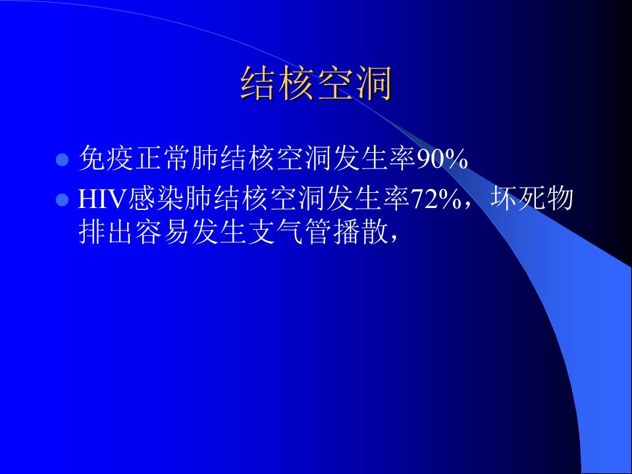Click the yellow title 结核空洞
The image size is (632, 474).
coord(316,84)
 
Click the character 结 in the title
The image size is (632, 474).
coord(259,84)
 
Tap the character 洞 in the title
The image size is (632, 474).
coord(373,84)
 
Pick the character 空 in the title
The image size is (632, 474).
coord(335,84)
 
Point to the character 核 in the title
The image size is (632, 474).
coord(297,84)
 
